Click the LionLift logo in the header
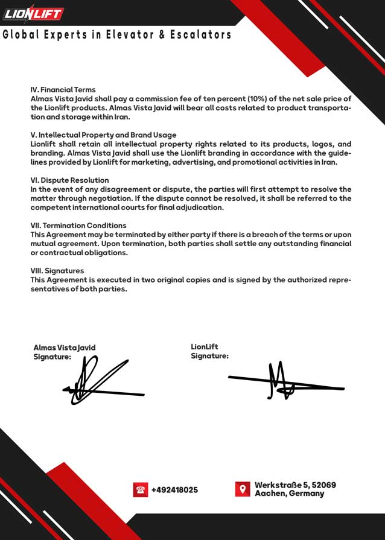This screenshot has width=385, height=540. pyautogui.click(x=33, y=13)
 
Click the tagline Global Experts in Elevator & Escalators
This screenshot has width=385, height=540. pyautogui.click(x=117, y=35)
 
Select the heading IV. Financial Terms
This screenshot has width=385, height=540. pyautogui.click(x=63, y=90)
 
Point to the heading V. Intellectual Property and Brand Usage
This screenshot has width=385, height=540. pyautogui.click(x=103, y=135)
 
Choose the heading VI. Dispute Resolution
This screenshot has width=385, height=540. pyautogui.click(x=69, y=180)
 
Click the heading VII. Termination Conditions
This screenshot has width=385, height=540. pyautogui.click(x=78, y=226)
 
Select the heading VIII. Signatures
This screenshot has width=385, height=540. pyautogui.click(x=57, y=271)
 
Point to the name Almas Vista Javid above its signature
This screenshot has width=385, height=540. pyautogui.click(x=64, y=348)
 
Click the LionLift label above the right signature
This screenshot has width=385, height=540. pyautogui.click(x=204, y=347)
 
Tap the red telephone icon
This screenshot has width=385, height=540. pyautogui.click(x=141, y=490)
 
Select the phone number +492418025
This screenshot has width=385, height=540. pyautogui.click(x=174, y=490)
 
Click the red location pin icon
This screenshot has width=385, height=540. pyautogui.click(x=243, y=489)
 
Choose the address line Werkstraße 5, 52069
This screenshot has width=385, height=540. pyautogui.click(x=295, y=485)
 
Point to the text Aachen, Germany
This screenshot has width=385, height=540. pyautogui.click(x=289, y=494)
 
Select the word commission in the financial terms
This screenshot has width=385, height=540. pyautogui.click(x=161, y=99)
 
